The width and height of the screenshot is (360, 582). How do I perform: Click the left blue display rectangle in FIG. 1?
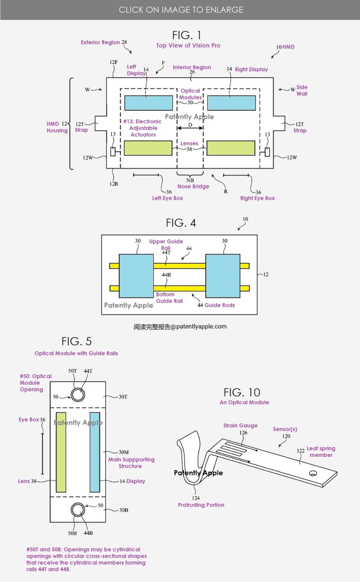[148, 103]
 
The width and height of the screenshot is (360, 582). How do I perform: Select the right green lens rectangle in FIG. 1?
[231, 148]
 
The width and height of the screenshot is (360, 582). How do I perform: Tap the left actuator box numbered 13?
[113, 152]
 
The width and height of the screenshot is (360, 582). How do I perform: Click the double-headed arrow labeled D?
[190, 128]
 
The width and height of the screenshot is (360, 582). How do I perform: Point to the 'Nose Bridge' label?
[193, 186]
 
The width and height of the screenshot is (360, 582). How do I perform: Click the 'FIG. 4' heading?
[181, 223]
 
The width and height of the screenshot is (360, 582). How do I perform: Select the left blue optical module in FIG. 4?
[136, 275]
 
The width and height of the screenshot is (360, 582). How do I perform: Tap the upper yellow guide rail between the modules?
[180, 266]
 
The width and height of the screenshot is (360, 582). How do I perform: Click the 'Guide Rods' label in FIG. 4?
[220, 305]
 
